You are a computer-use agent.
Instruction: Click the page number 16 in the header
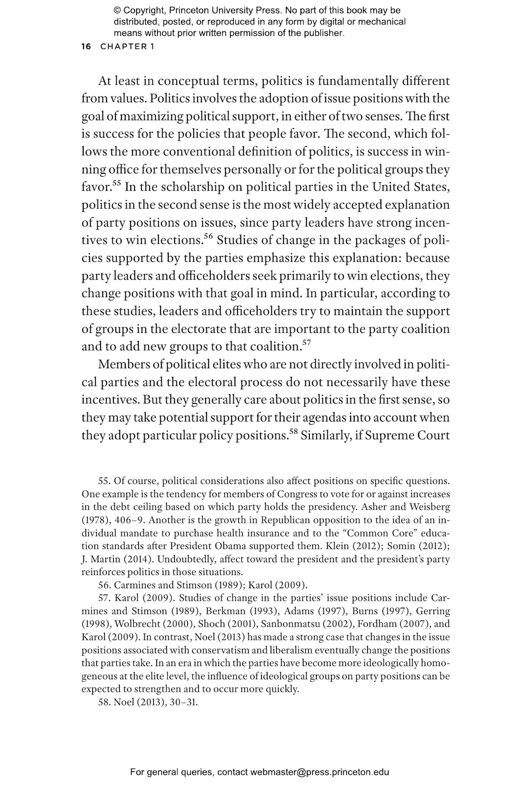tap(86, 47)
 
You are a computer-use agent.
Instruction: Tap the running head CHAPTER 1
tap(127, 47)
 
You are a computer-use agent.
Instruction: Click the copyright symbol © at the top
tap(117, 10)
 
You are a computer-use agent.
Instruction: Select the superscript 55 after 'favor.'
tap(116, 183)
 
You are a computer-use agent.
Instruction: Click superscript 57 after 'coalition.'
tap(306, 343)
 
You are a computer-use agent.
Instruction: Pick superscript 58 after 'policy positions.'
tap(293, 432)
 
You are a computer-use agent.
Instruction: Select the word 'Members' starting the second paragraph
tap(124, 364)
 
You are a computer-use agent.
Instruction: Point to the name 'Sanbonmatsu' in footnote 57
tap(290, 624)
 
